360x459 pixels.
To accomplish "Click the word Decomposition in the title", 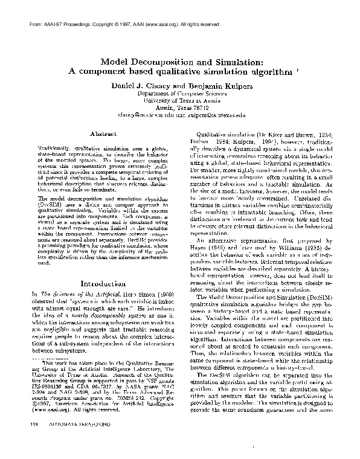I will (153, 62).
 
